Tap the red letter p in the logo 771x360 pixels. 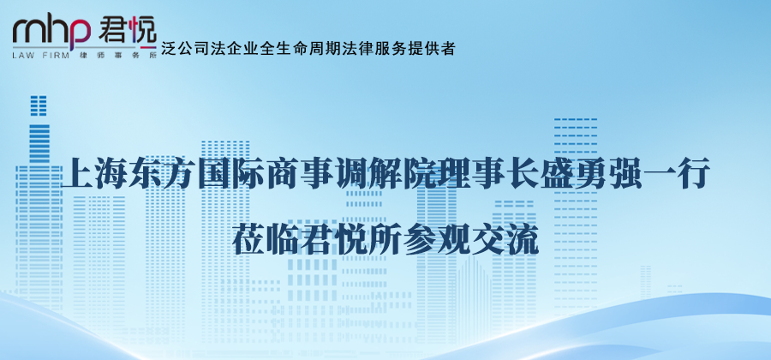click(x=78, y=33)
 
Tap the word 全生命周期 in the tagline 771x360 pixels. click(x=294, y=49)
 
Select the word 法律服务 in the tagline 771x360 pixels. click(x=374, y=49)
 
